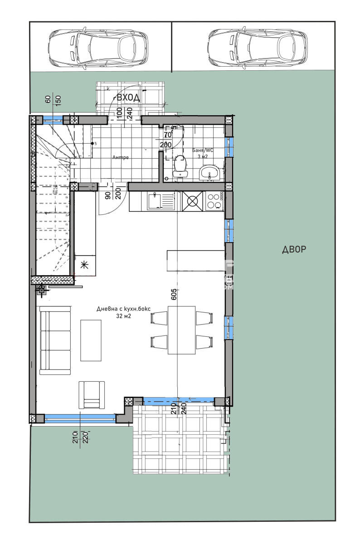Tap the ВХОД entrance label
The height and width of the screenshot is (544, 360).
[127, 97]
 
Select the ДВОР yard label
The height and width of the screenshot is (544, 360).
[294, 250]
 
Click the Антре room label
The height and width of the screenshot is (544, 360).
[121, 158]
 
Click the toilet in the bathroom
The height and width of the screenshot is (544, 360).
[180, 166]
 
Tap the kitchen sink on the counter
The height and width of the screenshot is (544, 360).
[161, 201]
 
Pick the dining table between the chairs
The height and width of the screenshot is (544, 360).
[182, 330]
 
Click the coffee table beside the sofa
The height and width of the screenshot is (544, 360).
[91, 340]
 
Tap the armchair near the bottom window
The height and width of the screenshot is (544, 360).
[92, 395]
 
